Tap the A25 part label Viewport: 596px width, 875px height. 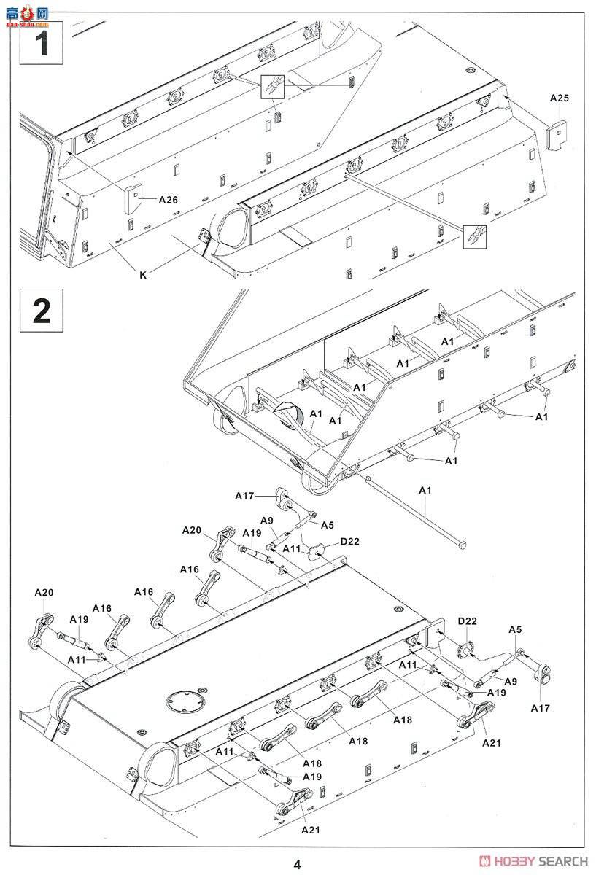click(x=559, y=98)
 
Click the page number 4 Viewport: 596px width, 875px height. click(x=297, y=864)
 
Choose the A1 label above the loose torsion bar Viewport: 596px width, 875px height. click(x=426, y=491)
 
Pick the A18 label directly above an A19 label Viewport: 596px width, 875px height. click(x=312, y=763)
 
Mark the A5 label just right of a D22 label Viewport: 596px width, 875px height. click(x=515, y=629)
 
